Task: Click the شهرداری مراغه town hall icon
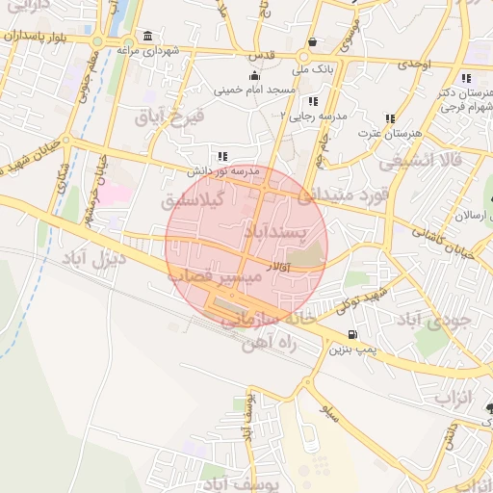click(x=146, y=37)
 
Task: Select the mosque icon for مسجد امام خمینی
click(x=254, y=75)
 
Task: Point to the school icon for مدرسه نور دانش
click(x=223, y=155)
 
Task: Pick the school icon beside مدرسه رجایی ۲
click(x=312, y=101)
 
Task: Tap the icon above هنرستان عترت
click(x=390, y=119)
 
